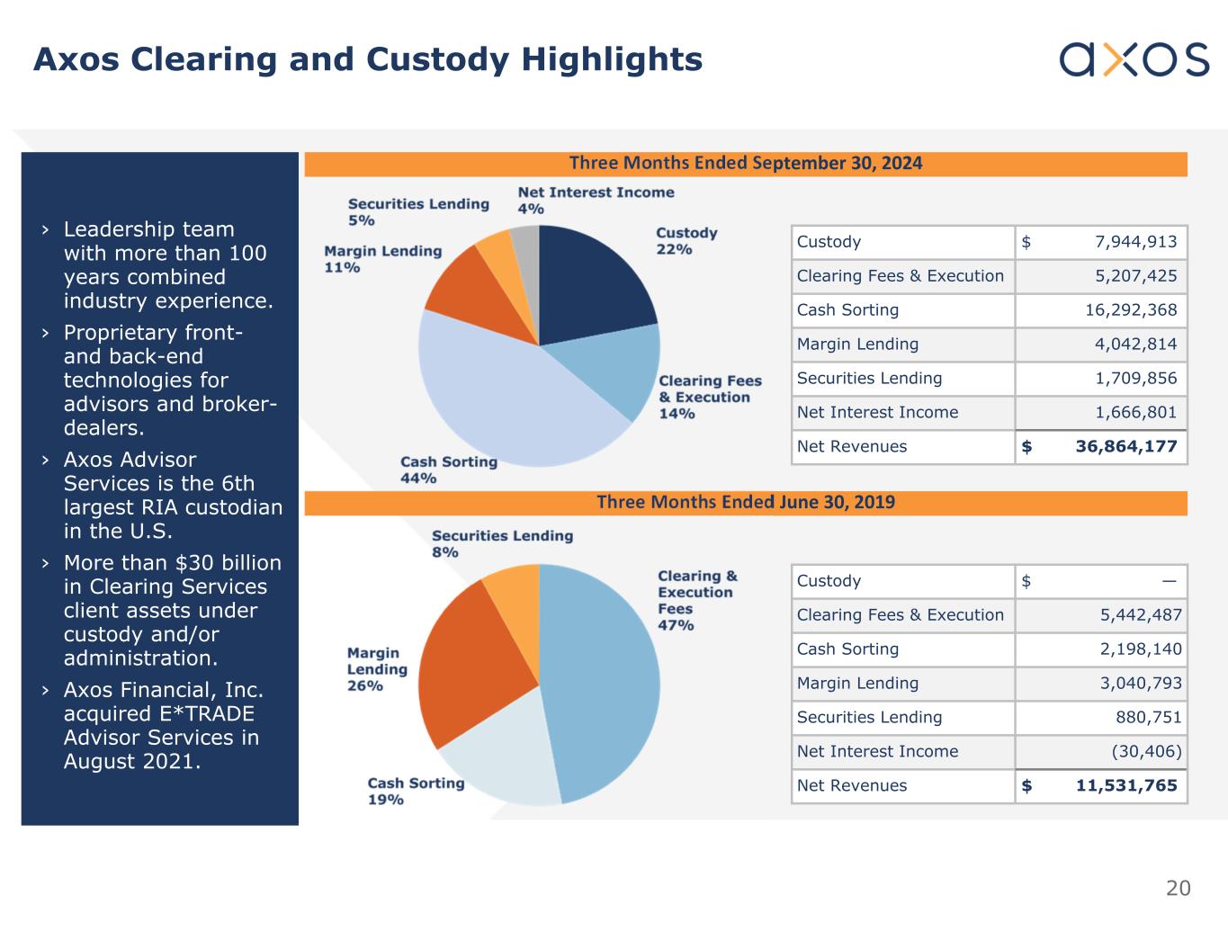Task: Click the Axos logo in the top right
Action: (x=1134, y=59)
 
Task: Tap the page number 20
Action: (x=1178, y=889)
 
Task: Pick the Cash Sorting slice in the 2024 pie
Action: (x=504, y=396)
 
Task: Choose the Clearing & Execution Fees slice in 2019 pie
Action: (x=603, y=684)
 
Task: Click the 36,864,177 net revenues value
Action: (x=1125, y=447)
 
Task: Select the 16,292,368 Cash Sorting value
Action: (x=1131, y=310)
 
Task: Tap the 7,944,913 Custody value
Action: (x=1135, y=242)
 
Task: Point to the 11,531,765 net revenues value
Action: (x=1126, y=786)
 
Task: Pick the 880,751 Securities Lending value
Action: (x=1149, y=718)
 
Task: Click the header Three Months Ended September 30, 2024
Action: (x=746, y=164)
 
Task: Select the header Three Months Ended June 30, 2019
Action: (x=746, y=503)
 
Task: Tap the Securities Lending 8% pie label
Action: (x=501, y=543)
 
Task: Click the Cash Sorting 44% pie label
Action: (x=448, y=470)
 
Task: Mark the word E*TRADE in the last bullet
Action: (x=158, y=714)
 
